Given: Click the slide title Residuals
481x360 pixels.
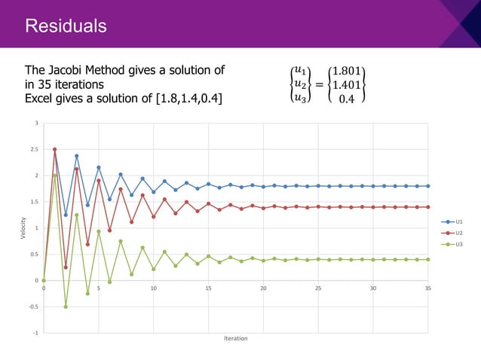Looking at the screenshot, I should coord(66,26).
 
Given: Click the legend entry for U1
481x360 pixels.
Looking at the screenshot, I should coord(455,221).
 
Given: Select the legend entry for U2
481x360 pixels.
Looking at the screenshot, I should coord(455,233).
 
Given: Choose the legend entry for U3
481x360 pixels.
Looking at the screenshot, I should coord(455,244).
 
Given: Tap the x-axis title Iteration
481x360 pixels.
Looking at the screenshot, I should coord(235,339).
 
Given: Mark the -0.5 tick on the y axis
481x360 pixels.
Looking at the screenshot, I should coord(34,307).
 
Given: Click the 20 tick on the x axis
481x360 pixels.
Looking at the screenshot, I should coord(263,288).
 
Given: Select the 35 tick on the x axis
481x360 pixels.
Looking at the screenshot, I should coord(428,288).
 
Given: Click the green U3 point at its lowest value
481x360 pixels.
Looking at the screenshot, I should coord(66,307).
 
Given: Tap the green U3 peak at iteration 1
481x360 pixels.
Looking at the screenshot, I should coord(54,175).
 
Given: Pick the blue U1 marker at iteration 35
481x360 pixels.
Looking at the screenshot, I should coord(428,186).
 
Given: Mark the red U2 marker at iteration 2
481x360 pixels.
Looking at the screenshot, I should coord(66,267).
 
